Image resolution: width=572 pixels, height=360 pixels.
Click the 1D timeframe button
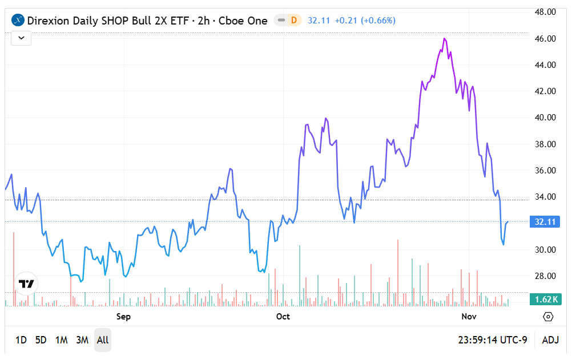tap(21, 340)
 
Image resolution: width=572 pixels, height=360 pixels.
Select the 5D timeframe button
tap(41, 340)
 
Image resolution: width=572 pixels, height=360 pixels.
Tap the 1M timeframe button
tap(62, 340)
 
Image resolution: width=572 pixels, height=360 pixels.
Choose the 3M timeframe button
tap(83, 340)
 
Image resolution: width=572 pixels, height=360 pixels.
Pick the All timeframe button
tap(103, 340)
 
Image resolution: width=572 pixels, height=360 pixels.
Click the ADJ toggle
tap(550, 340)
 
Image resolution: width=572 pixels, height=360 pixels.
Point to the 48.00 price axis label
tap(545, 12)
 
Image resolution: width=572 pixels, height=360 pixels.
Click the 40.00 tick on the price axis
tap(545, 118)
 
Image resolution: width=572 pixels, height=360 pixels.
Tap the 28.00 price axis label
tap(545, 276)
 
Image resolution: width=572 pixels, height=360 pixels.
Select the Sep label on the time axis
tap(123, 316)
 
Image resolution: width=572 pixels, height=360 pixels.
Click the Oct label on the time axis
tap(283, 316)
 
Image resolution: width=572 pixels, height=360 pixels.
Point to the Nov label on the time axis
tap(469, 316)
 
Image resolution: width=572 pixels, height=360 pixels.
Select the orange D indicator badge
tap(294, 21)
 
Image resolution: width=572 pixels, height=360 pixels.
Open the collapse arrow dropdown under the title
tap(21, 38)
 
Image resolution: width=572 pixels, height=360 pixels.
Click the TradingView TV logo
tap(26, 284)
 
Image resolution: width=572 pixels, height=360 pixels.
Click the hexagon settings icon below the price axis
tap(548, 317)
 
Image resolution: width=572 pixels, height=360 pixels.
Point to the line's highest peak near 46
tap(444, 38)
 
